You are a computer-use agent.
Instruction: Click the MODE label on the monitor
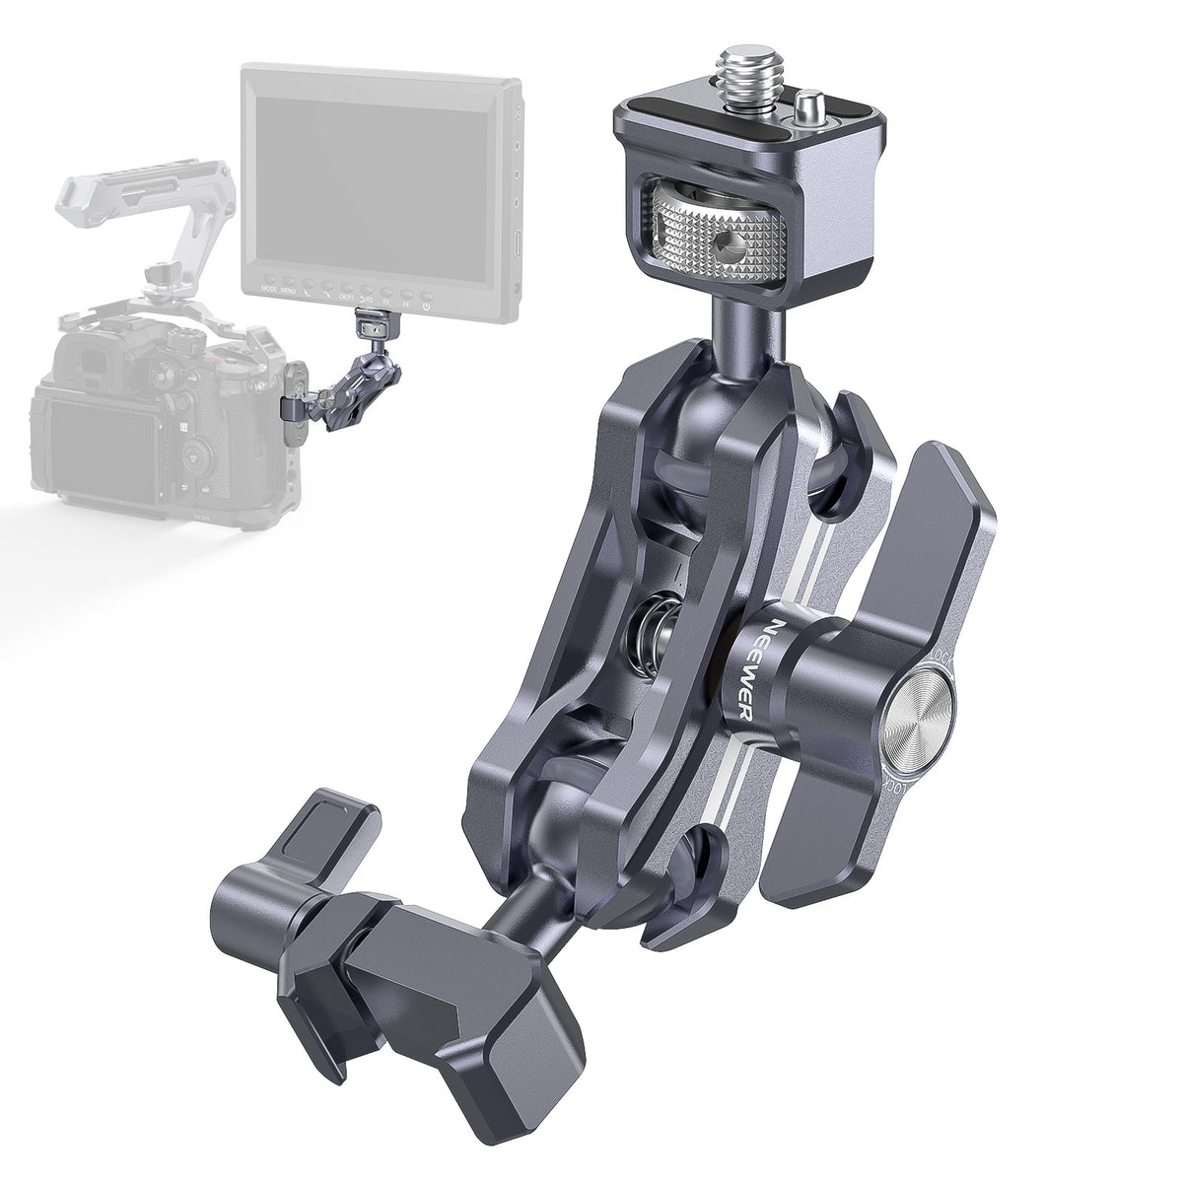(267, 291)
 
